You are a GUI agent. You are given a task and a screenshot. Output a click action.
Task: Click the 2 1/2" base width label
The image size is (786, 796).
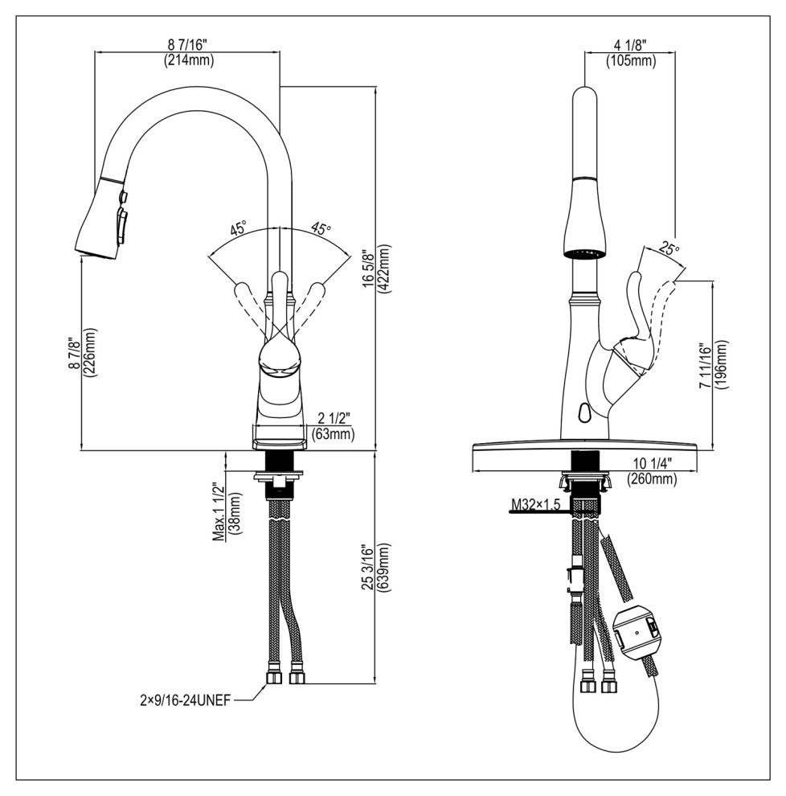tap(334, 417)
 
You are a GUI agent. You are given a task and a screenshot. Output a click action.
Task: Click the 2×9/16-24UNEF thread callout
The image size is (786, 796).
tap(184, 700)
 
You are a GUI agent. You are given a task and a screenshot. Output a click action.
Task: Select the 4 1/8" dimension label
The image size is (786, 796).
tap(629, 46)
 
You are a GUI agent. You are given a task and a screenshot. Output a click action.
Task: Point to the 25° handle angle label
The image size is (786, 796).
tap(668, 250)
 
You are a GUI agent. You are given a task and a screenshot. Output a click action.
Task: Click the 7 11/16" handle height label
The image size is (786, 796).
tap(705, 364)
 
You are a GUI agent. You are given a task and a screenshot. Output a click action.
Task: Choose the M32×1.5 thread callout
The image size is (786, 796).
tap(535, 505)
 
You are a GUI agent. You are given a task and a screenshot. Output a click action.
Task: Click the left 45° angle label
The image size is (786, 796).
tap(238, 229)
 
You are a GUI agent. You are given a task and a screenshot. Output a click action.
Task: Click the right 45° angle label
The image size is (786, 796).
tap(321, 229)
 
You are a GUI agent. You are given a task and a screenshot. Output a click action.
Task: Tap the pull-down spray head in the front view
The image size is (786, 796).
tap(103, 219)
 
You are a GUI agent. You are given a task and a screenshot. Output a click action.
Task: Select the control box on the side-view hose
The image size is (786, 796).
tap(636, 632)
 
